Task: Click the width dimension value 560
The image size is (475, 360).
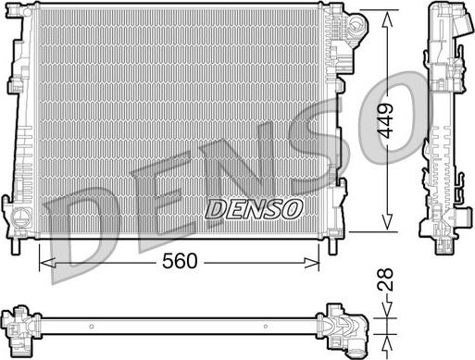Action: pos(180,261)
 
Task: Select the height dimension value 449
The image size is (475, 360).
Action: pos(386,120)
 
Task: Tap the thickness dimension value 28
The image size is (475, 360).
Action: pos(386,279)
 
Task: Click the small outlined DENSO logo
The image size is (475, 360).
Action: pos(254,209)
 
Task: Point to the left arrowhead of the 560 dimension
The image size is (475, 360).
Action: pos(47,263)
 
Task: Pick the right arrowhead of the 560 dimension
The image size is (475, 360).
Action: pos(312,263)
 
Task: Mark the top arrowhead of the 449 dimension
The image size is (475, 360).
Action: pos(387,19)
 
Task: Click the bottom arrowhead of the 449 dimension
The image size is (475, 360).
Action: pos(387,222)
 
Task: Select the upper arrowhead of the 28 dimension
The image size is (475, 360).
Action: pos(386,310)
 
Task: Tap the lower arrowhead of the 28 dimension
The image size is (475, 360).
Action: pos(386,343)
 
